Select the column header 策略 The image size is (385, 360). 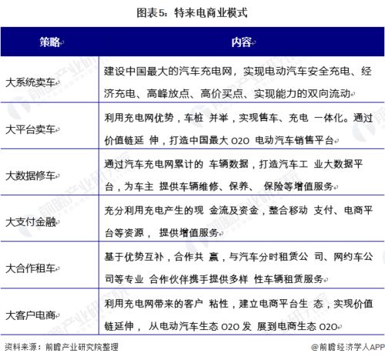tap(50, 41)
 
